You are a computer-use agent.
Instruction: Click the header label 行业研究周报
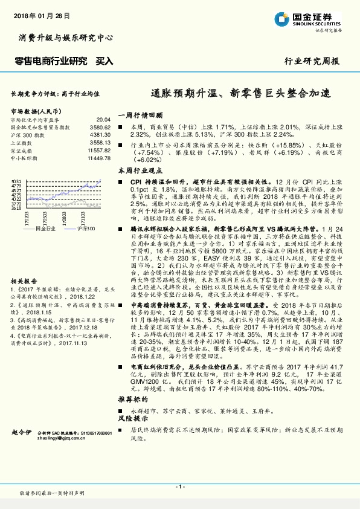click(312, 62)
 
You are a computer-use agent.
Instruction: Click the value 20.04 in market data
click(104, 120)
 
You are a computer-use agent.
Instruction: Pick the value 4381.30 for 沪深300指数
click(100, 135)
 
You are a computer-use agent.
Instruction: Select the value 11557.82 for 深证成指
click(99, 150)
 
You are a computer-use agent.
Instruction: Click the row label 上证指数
click(21, 143)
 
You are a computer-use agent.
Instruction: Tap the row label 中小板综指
click(24, 157)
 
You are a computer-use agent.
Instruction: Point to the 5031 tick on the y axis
click(17, 181)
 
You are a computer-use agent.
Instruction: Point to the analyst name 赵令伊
click(21, 432)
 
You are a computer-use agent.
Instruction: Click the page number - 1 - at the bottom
click(179, 486)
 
